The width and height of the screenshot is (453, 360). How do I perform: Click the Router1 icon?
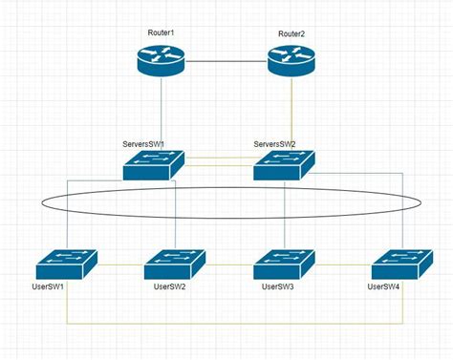(160, 62)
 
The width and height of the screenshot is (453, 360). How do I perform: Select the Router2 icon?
(291, 62)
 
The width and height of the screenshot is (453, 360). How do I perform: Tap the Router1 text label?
(161, 33)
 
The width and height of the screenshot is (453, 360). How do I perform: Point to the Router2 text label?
(291, 34)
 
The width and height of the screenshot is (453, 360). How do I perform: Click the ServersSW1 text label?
(143, 145)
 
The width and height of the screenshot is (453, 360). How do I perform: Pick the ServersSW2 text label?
(274, 145)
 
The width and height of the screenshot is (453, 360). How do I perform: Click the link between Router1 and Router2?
(225, 62)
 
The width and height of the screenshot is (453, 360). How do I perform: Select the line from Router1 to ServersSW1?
(160, 115)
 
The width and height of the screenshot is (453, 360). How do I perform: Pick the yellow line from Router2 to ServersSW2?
(291, 115)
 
